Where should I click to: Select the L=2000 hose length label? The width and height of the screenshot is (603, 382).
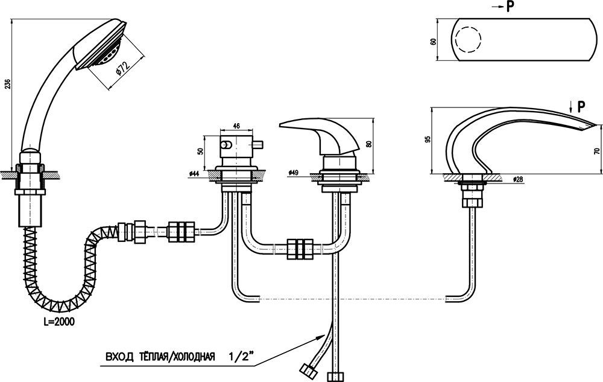pyautogui.click(x=59, y=322)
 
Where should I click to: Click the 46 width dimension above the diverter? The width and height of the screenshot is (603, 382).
pyautogui.click(x=236, y=126)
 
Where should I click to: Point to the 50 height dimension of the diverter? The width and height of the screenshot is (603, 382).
pyautogui.click(x=200, y=150)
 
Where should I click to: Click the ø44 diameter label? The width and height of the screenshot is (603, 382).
pyautogui.click(x=194, y=174)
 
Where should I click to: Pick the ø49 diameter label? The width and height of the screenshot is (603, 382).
pyautogui.click(x=293, y=173)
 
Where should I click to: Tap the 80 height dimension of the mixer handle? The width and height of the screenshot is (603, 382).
pyautogui.click(x=369, y=144)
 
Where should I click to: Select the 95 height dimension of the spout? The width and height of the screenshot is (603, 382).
pyautogui.click(x=428, y=139)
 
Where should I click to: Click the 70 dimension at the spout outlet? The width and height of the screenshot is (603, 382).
pyautogui.click(x=596, y=151)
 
